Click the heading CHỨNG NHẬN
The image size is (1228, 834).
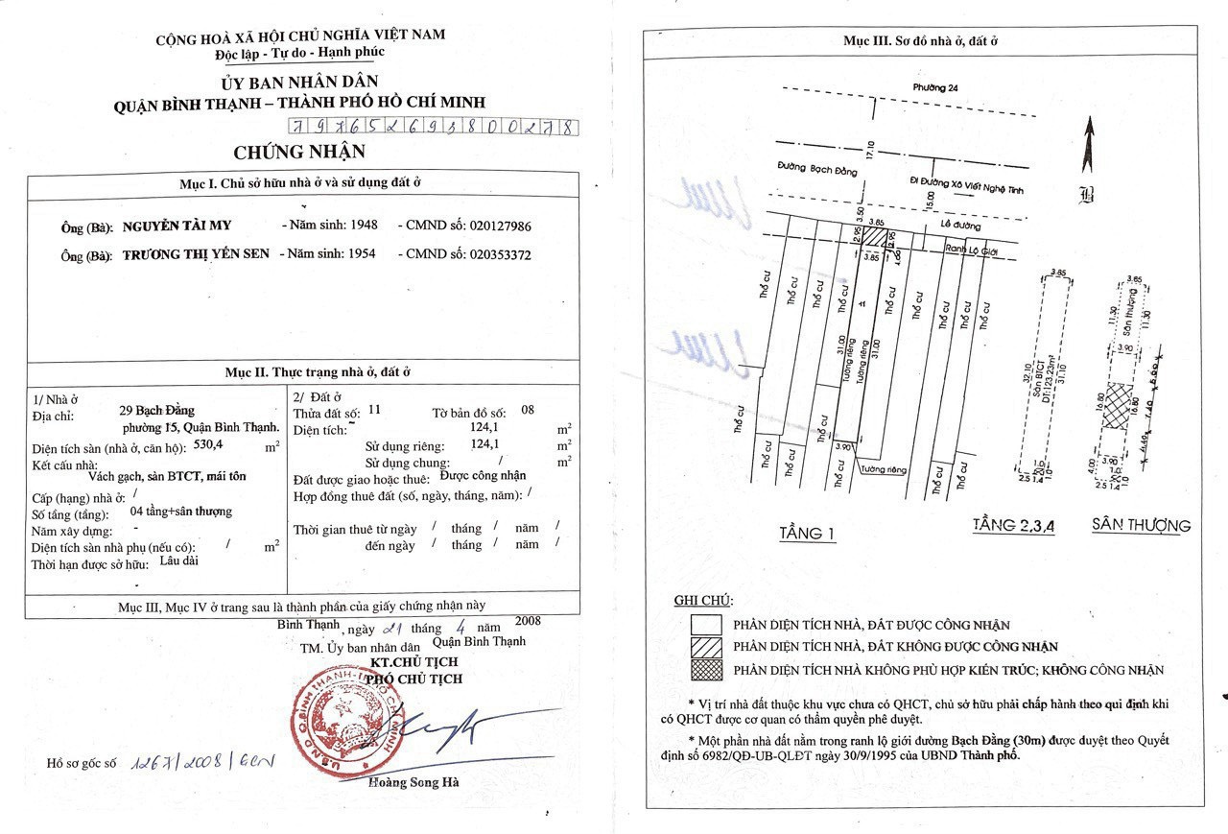(x=299, y=153)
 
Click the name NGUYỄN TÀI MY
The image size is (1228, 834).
(x=177, y=226)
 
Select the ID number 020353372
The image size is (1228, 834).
(x=500, y=255)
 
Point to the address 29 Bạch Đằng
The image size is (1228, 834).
(x=158, y=410)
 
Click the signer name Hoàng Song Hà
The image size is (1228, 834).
(x=413, y=782)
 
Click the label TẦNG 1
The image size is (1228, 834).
(x=807, y=534)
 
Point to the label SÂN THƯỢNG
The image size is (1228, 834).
(x=1141, y=525)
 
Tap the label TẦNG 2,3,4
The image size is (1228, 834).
(x=1012, y=525)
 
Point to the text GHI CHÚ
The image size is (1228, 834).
(x=702, y=601)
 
